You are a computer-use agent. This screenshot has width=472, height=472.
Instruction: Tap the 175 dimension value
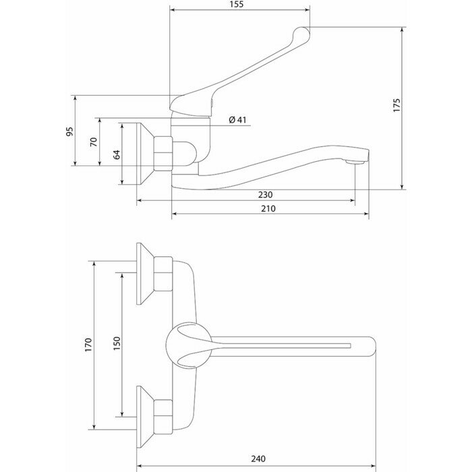point(396,105)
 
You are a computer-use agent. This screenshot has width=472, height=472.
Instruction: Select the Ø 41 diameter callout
point(239,120)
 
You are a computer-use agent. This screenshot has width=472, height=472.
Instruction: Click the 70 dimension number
point(94,142)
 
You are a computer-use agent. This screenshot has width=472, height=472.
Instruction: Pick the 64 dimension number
point(116,154)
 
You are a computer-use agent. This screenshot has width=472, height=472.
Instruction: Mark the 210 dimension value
point(268,208)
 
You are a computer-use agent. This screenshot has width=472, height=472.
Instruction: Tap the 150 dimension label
point(116,343)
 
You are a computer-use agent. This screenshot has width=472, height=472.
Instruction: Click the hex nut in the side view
point(163,153)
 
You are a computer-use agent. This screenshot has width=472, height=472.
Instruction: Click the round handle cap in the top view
point(181,343)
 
